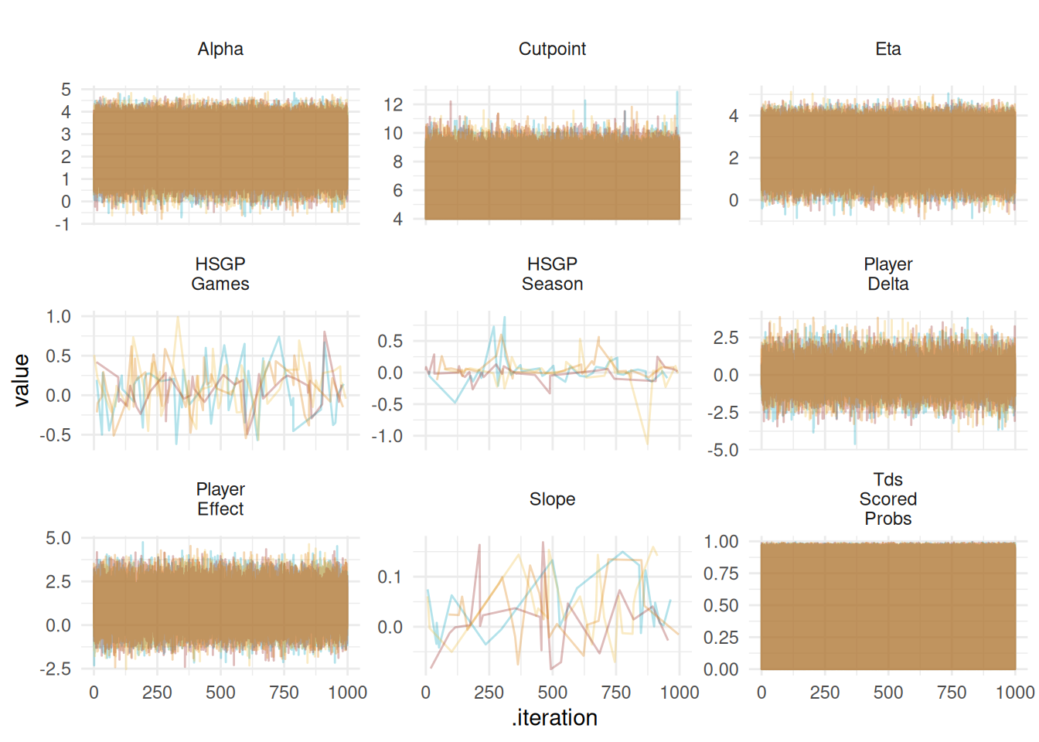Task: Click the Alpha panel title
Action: [220, 49]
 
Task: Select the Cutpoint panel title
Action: [552, 49]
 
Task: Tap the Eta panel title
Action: [887, 49]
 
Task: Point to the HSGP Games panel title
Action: [220, 274]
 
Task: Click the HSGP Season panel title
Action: [552, 274]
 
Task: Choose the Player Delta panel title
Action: [887, 274]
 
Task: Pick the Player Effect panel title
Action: [220, 499]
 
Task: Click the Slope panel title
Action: [552, 499]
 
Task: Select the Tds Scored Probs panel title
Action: [887, 499]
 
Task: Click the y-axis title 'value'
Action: [22, 380]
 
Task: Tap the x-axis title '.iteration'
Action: [554, 718]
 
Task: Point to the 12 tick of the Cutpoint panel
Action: [393, 104]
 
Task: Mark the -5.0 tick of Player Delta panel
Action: [723, 451]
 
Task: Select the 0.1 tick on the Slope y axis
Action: [390, 577]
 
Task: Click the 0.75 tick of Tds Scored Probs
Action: [720, 574]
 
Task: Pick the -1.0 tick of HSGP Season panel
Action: [387, 437]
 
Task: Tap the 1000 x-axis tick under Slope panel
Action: [680, 693]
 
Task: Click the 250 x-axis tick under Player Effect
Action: [157, 693]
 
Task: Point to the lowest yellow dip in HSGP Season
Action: [647, 446]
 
